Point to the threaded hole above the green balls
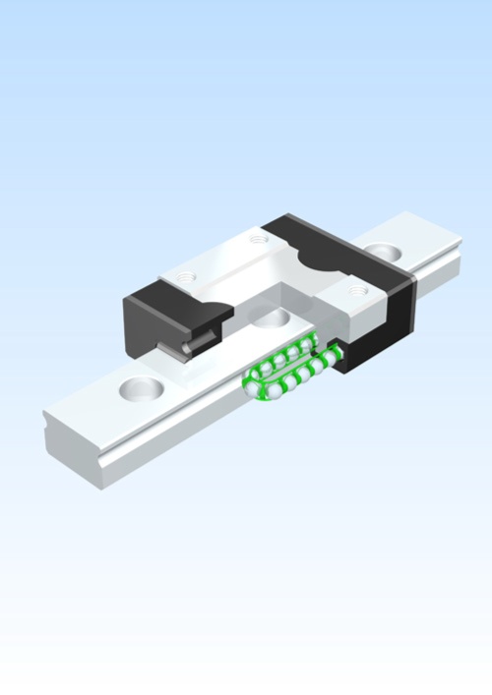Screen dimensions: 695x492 (x=355, y=290)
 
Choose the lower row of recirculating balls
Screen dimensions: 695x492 (x=295, y=376)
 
